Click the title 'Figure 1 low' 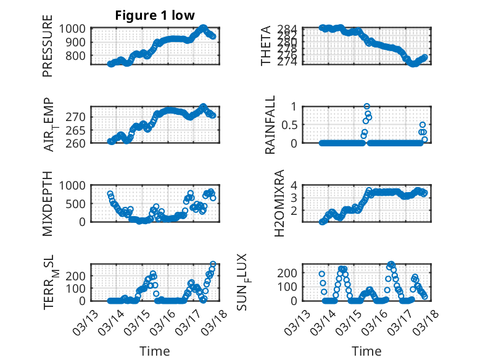pos(154,16)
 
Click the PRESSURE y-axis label pos(48,51)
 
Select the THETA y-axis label pos(266,46)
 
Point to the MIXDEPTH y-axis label pos(48,203)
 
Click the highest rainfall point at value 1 pos(367,107)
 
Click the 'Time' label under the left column pos(155,351)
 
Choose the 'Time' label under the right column pos(366,351)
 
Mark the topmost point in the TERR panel pos(213,264)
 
